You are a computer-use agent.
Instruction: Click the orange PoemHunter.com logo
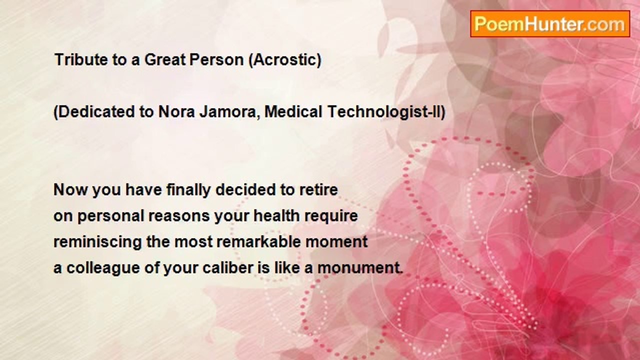(x=550, y=24)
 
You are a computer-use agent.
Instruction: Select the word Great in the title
(x=165, y=59)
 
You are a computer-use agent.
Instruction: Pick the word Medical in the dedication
(x=293, y=111)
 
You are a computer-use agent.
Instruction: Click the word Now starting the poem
(x=70, y=190)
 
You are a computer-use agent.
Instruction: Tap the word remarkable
(x=259, y=241)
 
